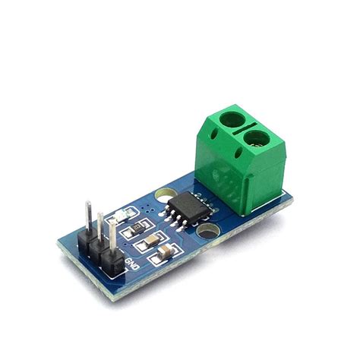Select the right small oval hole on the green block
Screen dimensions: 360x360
[242, 156]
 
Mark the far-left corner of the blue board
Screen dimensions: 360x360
[58, 245]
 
